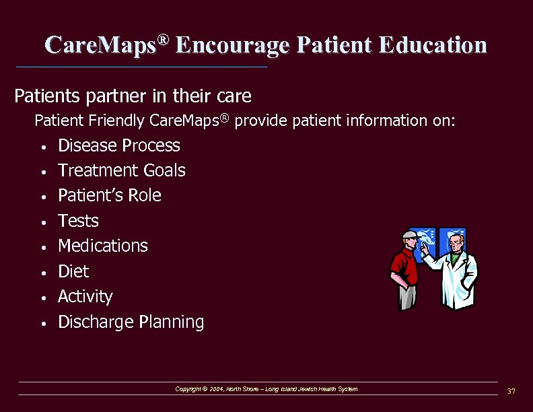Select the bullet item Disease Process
tap(119, 145)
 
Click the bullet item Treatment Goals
tap(122, 170)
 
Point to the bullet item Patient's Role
tap(110, 195)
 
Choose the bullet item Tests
tap(78, 221)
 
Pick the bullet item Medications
tap(103, 246)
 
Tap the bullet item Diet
tap(73, 271)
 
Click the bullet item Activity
tap(85, 296)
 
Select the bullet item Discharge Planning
tap(131, 322)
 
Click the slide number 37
tap(511, 391)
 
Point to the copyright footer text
tap(266, 389)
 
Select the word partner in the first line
tap(112, 96)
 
